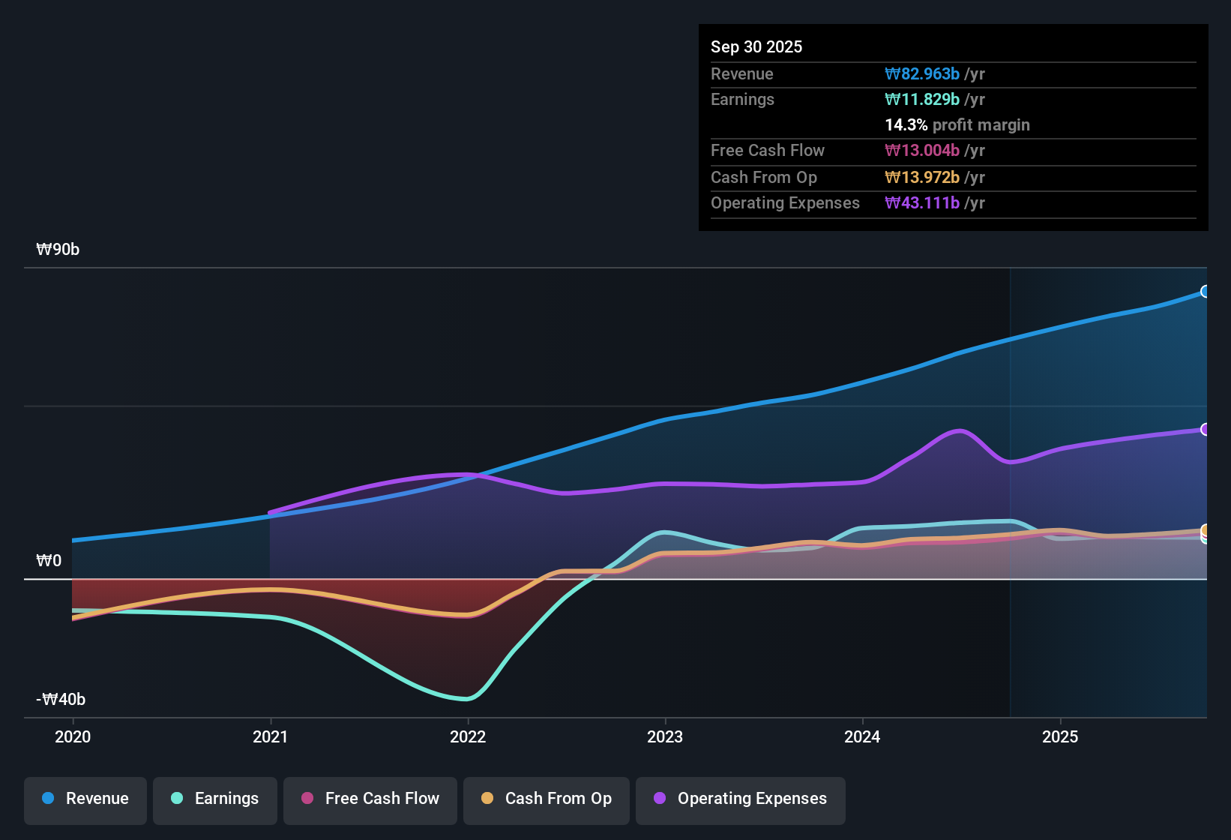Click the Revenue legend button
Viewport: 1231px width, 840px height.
click(x=85, y=799)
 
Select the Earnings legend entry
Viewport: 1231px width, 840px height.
click(x=215, y=799)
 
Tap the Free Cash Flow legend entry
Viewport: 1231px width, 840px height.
click(x=370, y=799)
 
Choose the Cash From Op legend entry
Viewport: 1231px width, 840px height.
click(x=547, y=799)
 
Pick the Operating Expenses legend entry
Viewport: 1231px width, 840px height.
click(x=741, y=799)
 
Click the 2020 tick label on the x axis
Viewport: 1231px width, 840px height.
click(x=73, y=736)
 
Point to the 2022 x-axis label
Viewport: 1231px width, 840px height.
click(x=468, y=736)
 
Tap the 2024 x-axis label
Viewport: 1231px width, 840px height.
click(x=862, y=736)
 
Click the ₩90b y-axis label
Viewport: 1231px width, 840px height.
click(x=58, y=250)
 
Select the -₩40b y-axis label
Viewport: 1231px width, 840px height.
click(x=61, y=700)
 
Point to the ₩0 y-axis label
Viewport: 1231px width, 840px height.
click(x=49, y=561)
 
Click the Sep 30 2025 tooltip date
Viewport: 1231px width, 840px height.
click(x=756, y=47)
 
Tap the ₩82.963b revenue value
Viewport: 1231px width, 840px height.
click(x=922, y=74)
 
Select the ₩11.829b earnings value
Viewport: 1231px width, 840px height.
click(x=922, y=100)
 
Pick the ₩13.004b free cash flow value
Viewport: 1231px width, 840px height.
click(x=922, y=151)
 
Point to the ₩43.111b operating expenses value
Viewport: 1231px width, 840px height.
click(x=922, y=203)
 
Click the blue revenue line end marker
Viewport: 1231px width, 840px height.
click(x=1205, y=292)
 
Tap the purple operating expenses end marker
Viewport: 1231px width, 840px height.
click(x=1205, y=430)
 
